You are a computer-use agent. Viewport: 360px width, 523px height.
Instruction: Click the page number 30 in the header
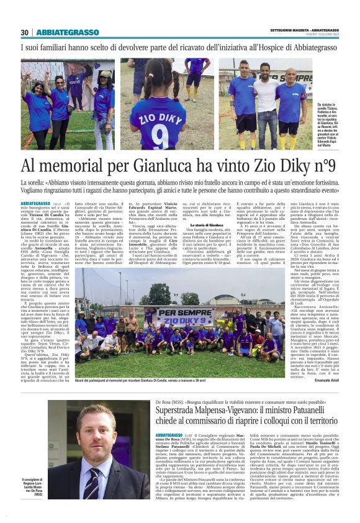coord(25,32)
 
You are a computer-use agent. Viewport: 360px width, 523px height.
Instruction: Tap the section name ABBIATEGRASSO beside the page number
coord(67,32)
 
